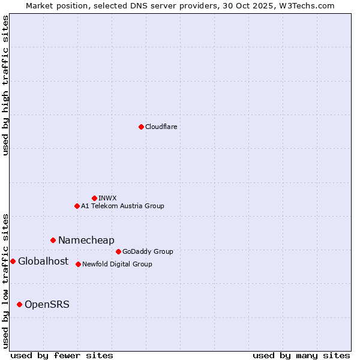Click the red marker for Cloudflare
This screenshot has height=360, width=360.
[141, 127]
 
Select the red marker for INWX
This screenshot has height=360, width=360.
[94, 198]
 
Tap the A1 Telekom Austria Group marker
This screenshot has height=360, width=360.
[77, 206]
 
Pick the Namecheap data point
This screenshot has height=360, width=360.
[53, 240]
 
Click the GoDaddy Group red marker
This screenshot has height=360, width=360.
[118, 251]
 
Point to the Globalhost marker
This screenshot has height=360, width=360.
[13, 261]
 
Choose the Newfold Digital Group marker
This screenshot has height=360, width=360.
[78, 264]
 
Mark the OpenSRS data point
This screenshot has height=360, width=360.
[19, 304]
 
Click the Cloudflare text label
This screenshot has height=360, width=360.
[161, 127]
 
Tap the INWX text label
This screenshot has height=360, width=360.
[107, 198]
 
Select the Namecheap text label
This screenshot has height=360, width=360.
[86, 240]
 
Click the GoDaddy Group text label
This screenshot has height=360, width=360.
[148, 251]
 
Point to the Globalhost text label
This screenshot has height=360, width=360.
[43, 261]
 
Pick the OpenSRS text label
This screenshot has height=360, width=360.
[47, 304]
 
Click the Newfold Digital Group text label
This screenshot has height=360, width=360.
[117, 264]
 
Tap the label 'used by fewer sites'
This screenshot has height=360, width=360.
[62, 355]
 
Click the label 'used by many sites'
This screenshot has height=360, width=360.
[301, 355]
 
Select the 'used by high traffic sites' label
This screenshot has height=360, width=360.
[6, 85]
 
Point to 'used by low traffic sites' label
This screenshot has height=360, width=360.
[6, 280]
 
